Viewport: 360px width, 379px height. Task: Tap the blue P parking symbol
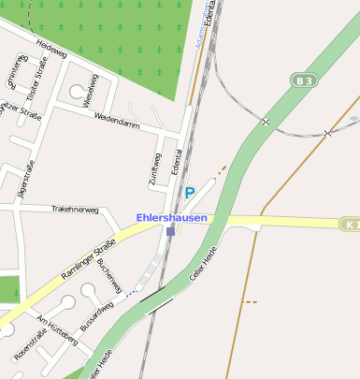coord(189,193)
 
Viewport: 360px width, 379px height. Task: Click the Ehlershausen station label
coord(171,217)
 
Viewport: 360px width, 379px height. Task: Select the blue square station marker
coord(170,230)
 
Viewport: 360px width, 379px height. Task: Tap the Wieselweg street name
coord(91,90)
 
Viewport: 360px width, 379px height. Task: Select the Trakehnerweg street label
coord(75,210)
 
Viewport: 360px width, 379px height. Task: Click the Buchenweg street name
coord(109,275)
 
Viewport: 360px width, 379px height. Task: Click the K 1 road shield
coord(350,225)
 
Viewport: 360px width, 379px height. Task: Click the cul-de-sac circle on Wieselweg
coord(75,92)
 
